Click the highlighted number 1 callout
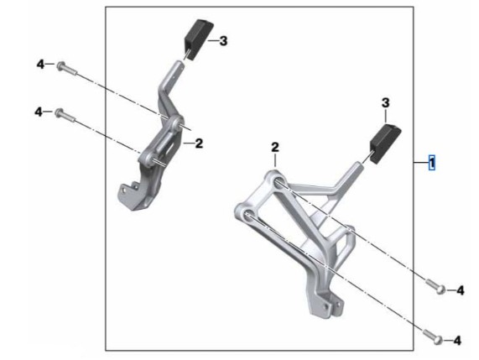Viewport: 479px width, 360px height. coord(432,163)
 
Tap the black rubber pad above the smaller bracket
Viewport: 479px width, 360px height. coord(198,39)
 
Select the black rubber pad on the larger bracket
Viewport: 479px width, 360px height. coord(385,143)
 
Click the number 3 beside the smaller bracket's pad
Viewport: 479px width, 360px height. coord(223,40)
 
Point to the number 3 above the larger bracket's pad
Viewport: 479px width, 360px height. coord(386,103)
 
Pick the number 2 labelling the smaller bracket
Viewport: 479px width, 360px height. coord(199,143)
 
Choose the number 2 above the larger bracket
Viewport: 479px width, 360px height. coord(275,148)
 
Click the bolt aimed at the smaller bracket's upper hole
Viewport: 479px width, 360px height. coord(67,69)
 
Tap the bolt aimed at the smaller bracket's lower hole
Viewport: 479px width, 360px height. coord(65,116)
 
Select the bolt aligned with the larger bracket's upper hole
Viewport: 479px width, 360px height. coord(435,286)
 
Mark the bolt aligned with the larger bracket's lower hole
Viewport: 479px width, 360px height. coord(432,337)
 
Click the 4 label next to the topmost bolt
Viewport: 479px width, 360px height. coord(40,65)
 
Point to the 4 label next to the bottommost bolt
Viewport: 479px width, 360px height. coord(457,341)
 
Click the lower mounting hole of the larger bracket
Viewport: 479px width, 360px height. coord(248,215)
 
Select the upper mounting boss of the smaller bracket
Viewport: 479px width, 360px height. coord(176,123)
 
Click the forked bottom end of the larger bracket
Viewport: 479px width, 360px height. coord(326,305)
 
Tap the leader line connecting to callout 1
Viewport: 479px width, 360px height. coord(421,163)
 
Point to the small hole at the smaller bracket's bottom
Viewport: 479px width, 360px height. coord(124,190)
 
